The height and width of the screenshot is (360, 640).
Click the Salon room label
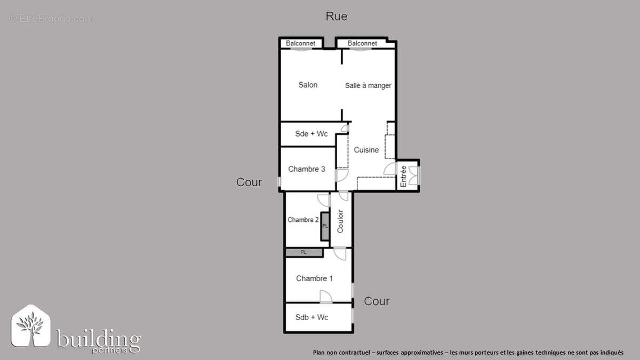click(x=308, y=85)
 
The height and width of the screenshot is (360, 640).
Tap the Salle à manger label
click(x=368, y=85)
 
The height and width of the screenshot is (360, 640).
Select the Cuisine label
click(x=366, y=150)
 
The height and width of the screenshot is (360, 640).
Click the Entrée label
click(x=404, y=176)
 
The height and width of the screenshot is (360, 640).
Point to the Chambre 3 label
click(x=307, y=169)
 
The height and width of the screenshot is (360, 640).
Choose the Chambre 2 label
click(x=303, y=219)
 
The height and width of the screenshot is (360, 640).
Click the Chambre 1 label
click(x=315, y=278)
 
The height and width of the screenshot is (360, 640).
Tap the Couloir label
click(x=340, y=220)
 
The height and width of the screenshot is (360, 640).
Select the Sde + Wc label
click(x=311, y=134)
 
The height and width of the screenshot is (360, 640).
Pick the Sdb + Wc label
click(x=312, y=317)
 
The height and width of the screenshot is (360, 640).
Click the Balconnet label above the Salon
click(x=301, y=43)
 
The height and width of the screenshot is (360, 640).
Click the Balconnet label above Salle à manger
click(x=362, y=43)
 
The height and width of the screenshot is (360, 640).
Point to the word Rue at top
click(x=337, y=17)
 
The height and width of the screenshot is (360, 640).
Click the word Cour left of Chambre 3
click(x=249, y=182)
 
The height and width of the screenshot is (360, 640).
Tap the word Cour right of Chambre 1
click(x=377, y=301)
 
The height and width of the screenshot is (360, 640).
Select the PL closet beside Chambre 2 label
click(x=325, y=226)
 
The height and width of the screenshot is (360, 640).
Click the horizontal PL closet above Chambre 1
click(x=304, y=252)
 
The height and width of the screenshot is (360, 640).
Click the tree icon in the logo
click(x=31, y=327)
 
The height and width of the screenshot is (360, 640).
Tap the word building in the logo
click(x=99, y=340)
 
